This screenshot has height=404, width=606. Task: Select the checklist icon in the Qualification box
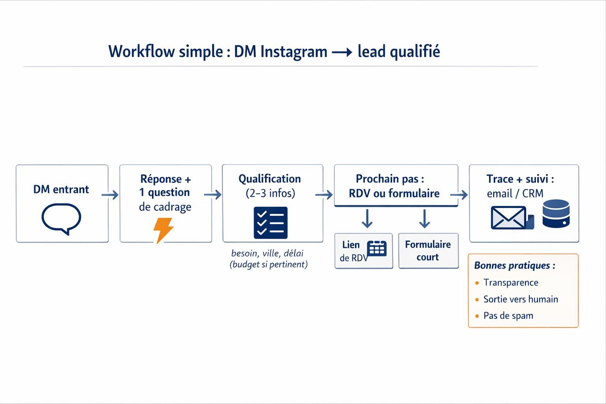270,223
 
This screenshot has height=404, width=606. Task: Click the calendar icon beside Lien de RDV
376,249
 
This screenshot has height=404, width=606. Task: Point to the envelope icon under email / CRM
509,217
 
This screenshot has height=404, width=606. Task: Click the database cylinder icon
555,213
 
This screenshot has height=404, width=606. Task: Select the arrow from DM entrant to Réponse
110,195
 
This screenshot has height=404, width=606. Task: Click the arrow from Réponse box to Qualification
213,195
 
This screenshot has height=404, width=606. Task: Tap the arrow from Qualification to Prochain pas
324,195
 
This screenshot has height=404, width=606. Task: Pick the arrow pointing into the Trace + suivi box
459,195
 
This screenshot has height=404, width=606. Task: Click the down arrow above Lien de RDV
367,219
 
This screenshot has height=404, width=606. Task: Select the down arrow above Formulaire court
424,219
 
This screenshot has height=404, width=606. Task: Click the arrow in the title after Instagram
342,52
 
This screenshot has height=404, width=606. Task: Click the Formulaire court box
428,251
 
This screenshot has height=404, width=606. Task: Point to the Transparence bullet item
511,282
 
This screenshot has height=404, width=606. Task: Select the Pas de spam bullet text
508,316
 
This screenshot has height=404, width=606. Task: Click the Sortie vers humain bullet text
520,299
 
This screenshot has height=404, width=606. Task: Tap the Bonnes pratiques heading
514,266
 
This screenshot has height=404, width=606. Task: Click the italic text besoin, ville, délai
267,253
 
